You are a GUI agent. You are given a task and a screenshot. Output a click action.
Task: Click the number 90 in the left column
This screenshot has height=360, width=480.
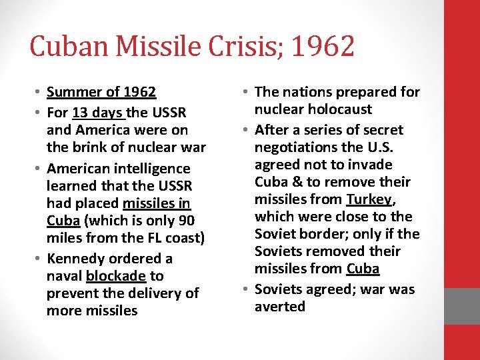(185, 221)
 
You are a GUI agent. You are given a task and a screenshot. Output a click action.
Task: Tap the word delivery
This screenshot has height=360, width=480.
(145, 293)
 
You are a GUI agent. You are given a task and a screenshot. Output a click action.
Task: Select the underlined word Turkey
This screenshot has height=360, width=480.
(368, 199)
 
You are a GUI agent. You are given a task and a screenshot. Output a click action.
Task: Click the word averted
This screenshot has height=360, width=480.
(280, 307)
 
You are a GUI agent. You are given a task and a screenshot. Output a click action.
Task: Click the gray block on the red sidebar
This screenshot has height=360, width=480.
(462, 305)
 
